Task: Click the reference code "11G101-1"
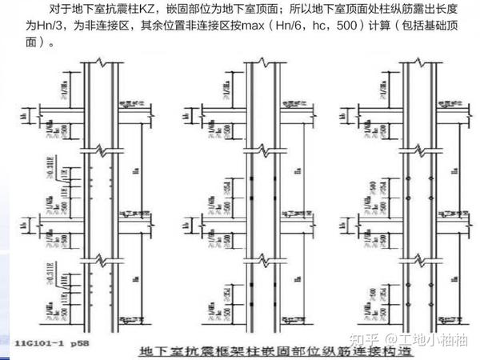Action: coord(38,342)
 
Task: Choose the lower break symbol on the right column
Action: coord(412,260)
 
